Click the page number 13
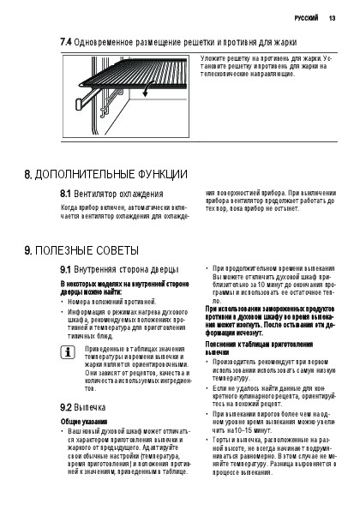coord(332,18)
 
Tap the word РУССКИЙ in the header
coord(306,18)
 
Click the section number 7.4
coord(66,42)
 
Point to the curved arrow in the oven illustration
coord(148,87)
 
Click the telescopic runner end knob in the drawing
coord(80,105)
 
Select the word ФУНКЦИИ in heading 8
coord(163,175)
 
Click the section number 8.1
coord(65,194)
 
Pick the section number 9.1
coord(65,270)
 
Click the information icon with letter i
coord(68,353)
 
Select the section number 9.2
coord(65,407)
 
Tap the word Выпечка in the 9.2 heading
coord(90,407)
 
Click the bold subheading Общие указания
coord(84,422)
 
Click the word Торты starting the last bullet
coord(221,440)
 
